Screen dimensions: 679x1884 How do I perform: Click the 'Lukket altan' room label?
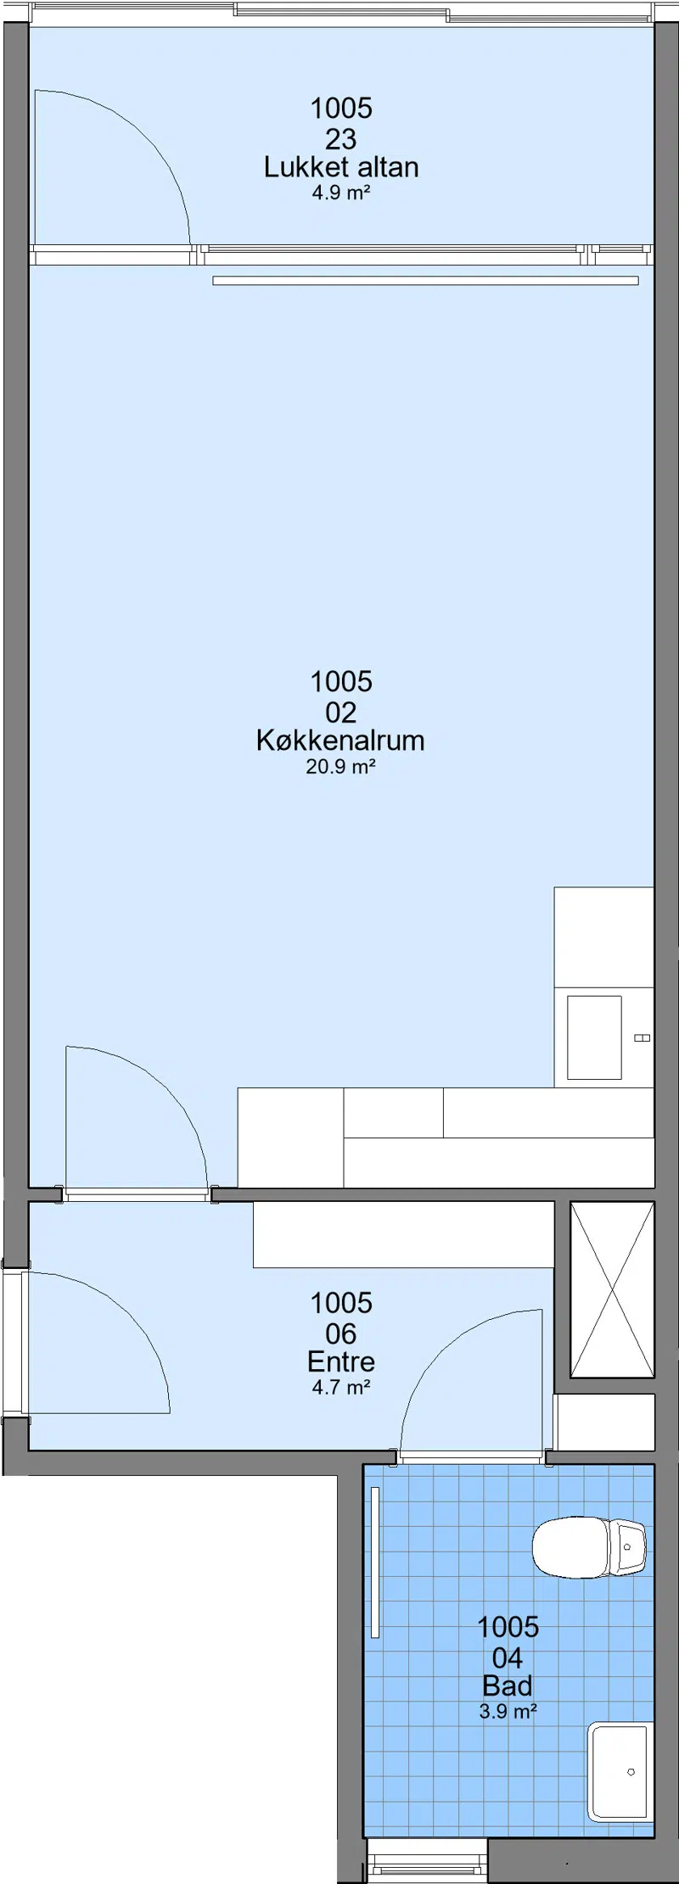pyautogui.click(x=341, y=167)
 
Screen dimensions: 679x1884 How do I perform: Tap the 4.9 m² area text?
pyautogui.click(x=341, y=193)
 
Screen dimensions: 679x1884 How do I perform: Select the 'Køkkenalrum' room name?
pyautogui.click(x=340, y=741)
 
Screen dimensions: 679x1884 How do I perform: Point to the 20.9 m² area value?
pyautogui.click(x=341, y=767)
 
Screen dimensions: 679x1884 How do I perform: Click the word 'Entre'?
pyautogui.click(x=341, y=1361)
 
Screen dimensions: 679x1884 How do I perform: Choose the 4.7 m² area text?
pyautogui.click(x=341, y=1388)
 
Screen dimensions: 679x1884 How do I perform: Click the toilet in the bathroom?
pyautogui.click(x=589, y=1548)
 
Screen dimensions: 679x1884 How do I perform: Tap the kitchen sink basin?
pyautogui.click(x=594, y=1037)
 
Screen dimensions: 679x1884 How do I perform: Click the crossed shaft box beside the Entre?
pyautogui.click(x=612, y=1289)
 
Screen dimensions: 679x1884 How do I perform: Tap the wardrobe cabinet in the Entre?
pyautogui.click(x=403, y=1235)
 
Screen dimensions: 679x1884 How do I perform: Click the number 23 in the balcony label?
pyautogui.click(x=341, y=138)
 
